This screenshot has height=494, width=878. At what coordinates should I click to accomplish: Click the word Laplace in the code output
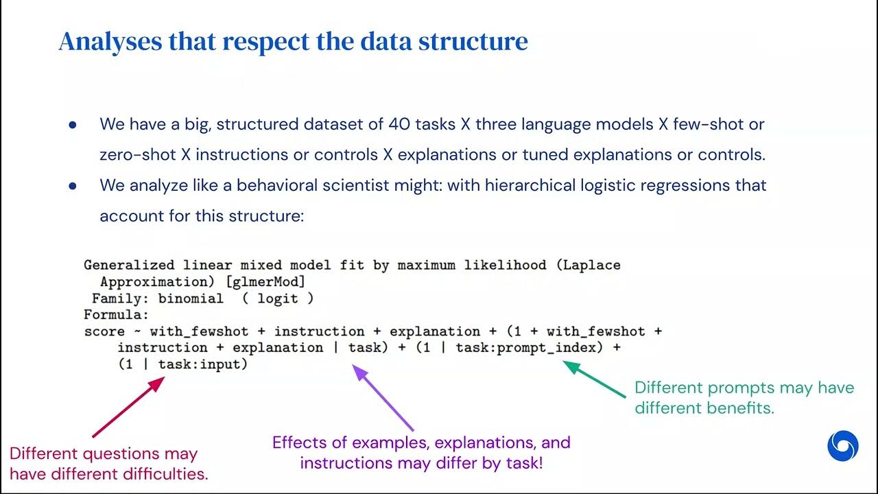[x=591, y=265]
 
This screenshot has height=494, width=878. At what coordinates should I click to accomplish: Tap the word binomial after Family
[x=191, y=298]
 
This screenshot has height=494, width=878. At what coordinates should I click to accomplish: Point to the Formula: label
[x=116, y=315]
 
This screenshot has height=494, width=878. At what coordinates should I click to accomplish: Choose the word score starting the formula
[x=104, y=331]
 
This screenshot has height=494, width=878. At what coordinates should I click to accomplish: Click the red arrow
[x=129, y=406]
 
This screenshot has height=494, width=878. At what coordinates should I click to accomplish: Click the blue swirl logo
[x=842, y=446]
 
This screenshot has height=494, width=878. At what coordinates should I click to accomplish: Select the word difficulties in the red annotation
[x=168, y=473]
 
